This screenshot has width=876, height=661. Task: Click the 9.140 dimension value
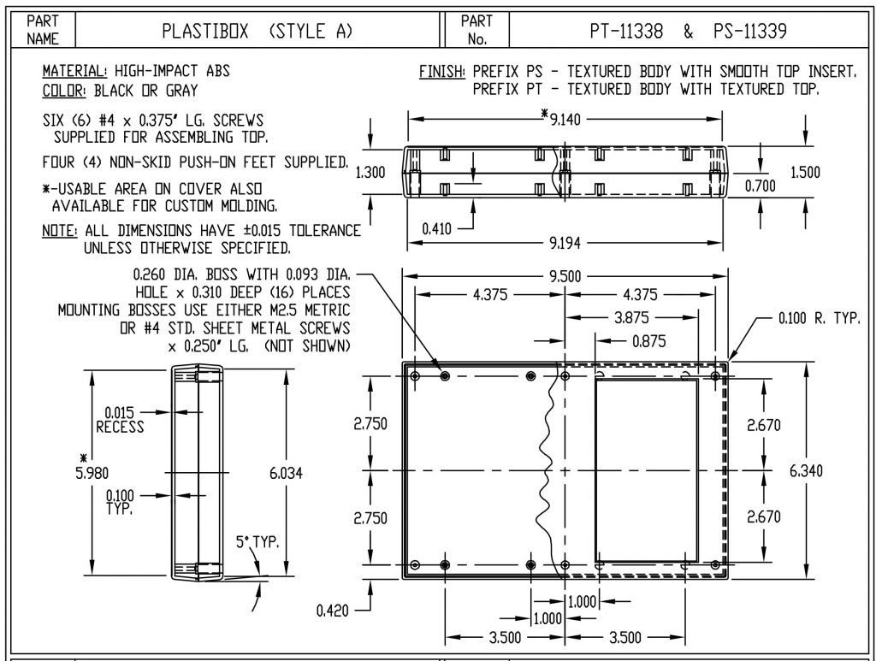tap(565, 120)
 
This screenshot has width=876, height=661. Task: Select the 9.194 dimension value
tap(565, 243)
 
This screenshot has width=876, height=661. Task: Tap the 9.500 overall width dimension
tap(565, 276)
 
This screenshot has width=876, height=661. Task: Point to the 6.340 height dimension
tap(806, 471)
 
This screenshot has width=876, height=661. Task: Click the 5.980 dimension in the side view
tap(92, 474)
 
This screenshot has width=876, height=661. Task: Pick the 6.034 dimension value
tap(286, 474)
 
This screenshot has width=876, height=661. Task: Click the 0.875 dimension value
tap(648, 341)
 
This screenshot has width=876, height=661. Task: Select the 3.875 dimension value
tap(631, 317)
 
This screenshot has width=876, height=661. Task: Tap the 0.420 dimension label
tap(332, 611)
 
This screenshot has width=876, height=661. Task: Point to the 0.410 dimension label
tap(436, 229)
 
